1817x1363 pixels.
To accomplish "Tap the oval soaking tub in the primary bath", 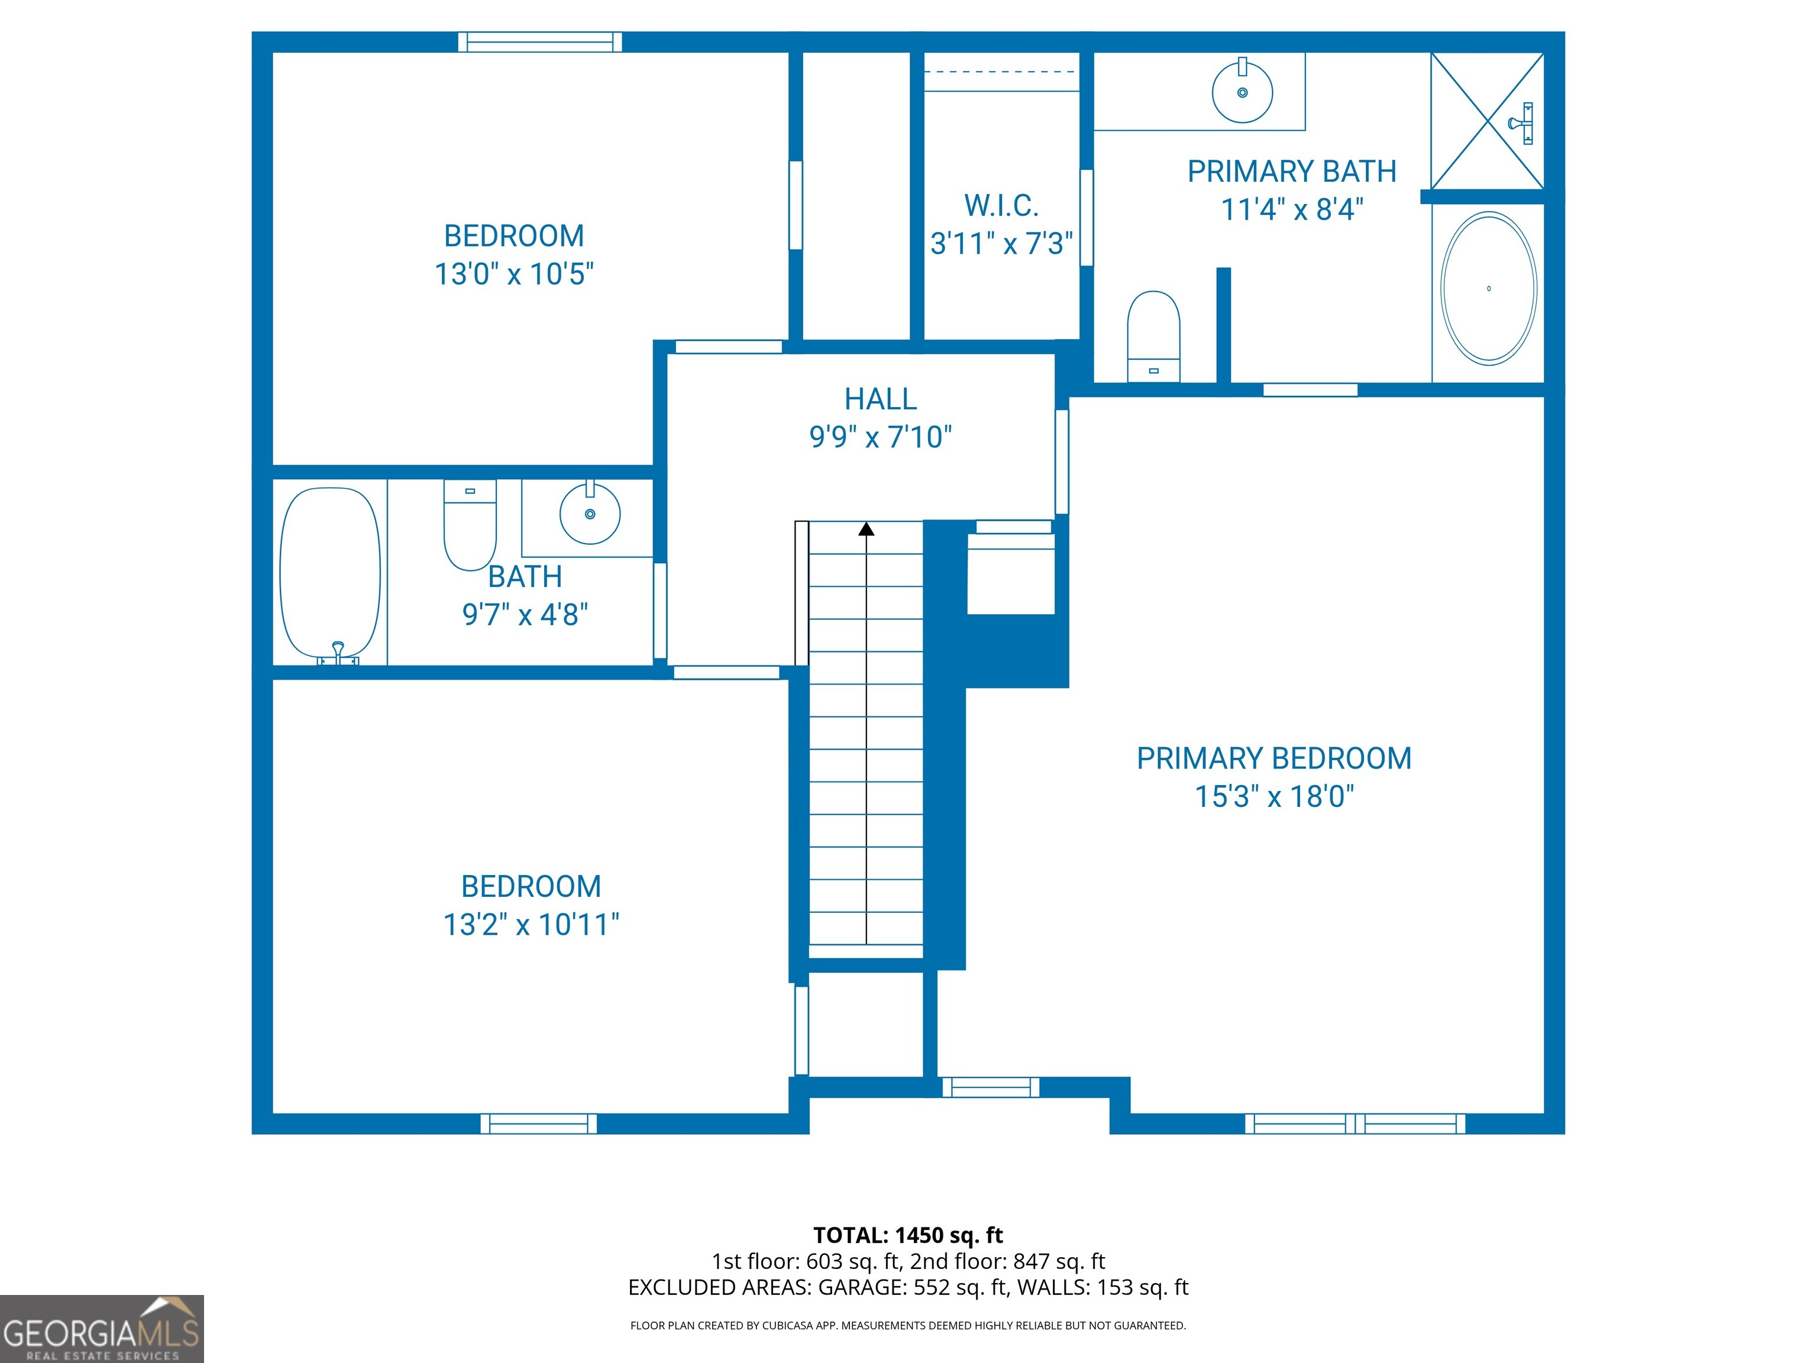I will click(1488, 288).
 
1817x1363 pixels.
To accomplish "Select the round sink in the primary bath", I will click(1242, 93).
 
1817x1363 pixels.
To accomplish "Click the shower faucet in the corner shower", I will click(1522, 123).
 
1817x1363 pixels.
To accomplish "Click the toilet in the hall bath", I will click(470, 526).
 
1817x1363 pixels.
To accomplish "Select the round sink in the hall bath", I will click(590, 513).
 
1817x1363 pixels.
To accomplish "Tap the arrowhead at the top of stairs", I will click(866, 529).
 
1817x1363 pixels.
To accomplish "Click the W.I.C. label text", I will click(1001, 205).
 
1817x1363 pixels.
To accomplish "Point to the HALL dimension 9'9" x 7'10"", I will click(881, 437).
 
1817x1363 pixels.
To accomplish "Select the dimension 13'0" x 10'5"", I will click(514, 273).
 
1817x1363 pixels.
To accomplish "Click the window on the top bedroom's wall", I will click(539, 42).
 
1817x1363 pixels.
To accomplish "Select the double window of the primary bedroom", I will click(1354, 1123).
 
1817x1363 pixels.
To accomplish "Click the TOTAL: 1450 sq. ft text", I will click(908, 1235).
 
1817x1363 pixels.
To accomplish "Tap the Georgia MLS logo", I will click(101, 1329).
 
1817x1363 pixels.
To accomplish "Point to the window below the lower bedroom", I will click(539, 1123).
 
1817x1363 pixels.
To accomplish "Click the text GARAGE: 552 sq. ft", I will click(912, 1287).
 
